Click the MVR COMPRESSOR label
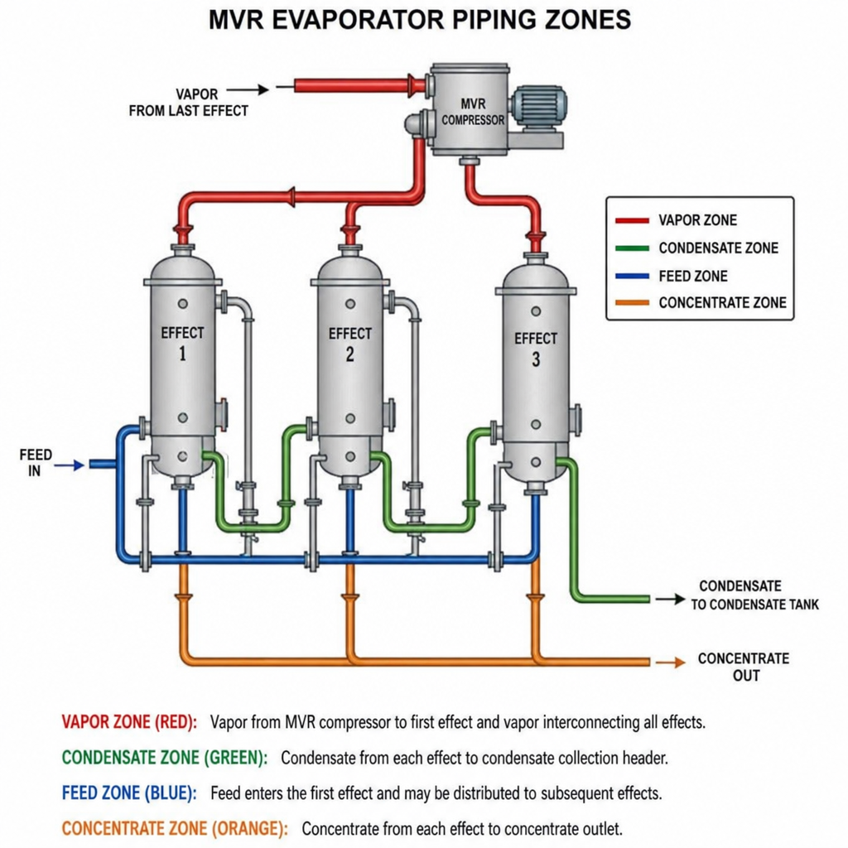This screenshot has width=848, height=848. point(473,112)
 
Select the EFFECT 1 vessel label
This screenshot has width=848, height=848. point(182,343)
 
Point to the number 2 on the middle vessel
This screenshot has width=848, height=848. point(350,354)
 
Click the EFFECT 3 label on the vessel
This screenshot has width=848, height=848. point(536,349)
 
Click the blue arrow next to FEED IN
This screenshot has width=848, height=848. point(70,465)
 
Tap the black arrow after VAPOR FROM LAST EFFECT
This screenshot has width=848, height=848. point(248,89)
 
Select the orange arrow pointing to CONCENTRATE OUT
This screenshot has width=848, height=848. point(671,662)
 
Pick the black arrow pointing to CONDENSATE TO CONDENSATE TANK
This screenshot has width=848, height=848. point(671,599)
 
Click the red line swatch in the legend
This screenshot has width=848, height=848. point(632,220)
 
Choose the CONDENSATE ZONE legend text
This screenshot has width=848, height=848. point(718,248)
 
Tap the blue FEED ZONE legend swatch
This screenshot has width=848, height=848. point(632,277)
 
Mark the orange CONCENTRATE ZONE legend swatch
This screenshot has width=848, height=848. point(632,303)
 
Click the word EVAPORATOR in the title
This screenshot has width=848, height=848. point(358,20)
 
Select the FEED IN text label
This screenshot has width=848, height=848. point(35,462)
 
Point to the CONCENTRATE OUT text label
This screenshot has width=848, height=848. point(744,667)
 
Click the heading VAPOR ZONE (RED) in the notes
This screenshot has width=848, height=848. point(129,722)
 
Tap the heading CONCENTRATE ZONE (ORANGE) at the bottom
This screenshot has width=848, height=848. point(175,828)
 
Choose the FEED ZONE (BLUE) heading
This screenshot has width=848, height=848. point(129,793)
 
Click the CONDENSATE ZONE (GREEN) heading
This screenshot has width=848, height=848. point(165,758)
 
